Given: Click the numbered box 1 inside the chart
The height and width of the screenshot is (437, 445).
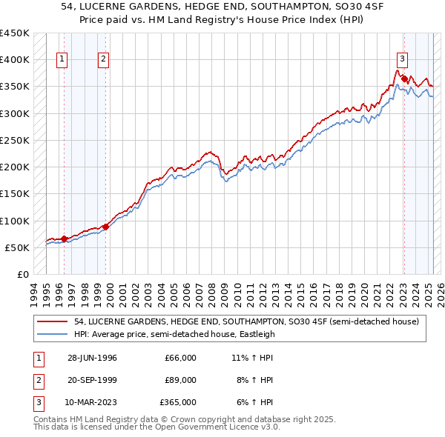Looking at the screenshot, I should (62, 60).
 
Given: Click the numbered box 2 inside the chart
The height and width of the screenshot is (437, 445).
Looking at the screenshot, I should (103, 60).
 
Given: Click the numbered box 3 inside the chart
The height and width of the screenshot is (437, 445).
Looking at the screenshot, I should (401, 60).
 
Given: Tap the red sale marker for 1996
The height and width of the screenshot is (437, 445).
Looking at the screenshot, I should (65, 238).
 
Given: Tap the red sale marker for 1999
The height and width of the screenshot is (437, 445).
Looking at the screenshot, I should (106, 227).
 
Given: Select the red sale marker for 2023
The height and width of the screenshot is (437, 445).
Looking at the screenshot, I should (403, 78).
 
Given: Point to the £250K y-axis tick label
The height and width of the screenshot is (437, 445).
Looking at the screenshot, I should (15, 140).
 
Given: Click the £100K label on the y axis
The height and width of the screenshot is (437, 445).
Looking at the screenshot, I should (15, 221).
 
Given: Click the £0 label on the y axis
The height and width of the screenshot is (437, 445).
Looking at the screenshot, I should (22, 275).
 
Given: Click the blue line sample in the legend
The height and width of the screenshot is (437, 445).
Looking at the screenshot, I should (51, 334).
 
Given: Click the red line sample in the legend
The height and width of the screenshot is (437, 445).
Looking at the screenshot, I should (51, 321).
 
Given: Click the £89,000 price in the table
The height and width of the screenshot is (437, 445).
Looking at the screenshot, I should (180, 380).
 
